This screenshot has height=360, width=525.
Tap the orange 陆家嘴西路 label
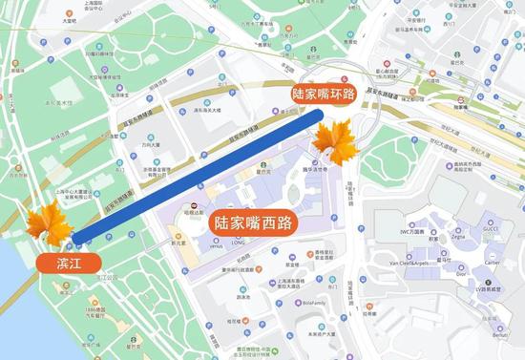(x=253, y=222)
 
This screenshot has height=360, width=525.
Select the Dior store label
(x=461, y=273)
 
